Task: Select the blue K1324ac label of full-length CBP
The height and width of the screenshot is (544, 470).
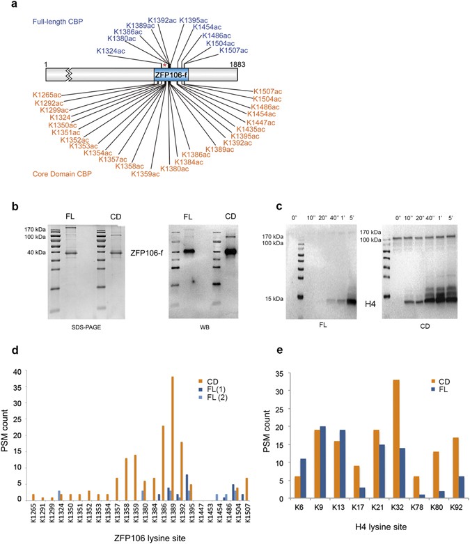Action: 112,51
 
